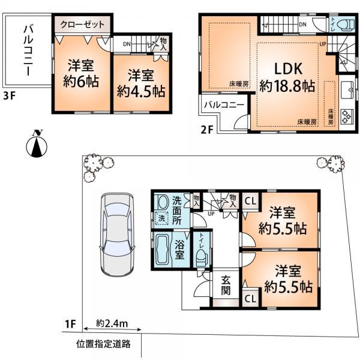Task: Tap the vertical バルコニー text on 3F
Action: click(27, 49)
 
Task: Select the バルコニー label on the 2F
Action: click(223, 104)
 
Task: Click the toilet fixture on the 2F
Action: click(344, 25)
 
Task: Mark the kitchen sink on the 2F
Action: click(348, 92)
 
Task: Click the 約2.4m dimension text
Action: click(112, 325)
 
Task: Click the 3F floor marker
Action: click(10, 94)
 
